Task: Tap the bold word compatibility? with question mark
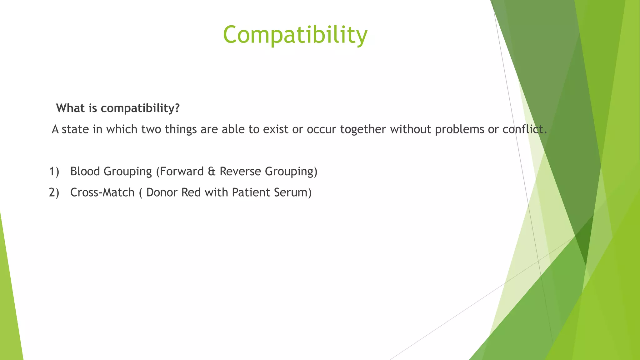point(140,108)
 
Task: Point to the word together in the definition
point(363,129)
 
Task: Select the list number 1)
point(54,171)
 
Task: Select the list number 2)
point(54,192)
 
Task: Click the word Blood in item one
point(85,171)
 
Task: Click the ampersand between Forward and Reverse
point(212,171)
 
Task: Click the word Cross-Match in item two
point(102,192)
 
